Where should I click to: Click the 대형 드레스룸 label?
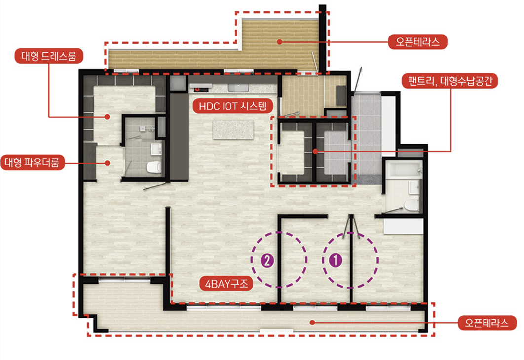pyautogui.click(x=49, y=56)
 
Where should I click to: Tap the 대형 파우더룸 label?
pyautogui.click(x=33, y=162)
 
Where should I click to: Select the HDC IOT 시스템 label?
pyautogui.click(x=233, y=106)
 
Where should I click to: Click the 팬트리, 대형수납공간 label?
pyautogui.click(x=450, y=81)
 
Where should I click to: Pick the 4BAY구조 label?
pyautogui.click(x=226, y=284)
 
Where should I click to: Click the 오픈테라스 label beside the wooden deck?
pyautogui.click(x=417, y=42)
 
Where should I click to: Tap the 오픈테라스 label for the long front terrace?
pyautogui.click(x=487, y=323)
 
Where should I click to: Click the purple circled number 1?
pyautogui.click(x=336, y=260)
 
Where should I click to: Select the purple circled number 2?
pyautogui.click(x=267, y=260)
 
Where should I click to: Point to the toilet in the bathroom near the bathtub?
pyautogui.click(x=411, y=205)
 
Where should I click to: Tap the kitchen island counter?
pyautogui.click(x=233, y=129)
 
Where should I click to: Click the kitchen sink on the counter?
pyautogui.click(x=238, y=87)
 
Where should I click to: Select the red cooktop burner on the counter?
pyautogui.click(x=197, y=89)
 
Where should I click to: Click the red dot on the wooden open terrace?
pyautogui.click(x=279, y=42)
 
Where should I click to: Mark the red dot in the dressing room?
pyautogui.click(x=107, y=117)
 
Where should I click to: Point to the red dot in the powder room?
pyautogui.click(x=107, y=163)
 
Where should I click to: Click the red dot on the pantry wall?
pyautogui.click(x=315, y=151)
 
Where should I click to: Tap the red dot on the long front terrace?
pyautogui.click(x=312, y=322)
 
